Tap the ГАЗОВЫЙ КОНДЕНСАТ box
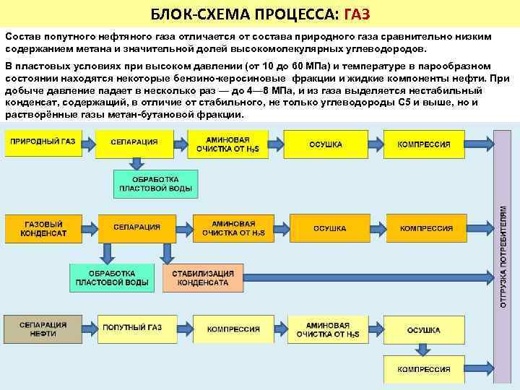(x=43, y=228)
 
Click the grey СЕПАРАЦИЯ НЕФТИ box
(x=43, y=328)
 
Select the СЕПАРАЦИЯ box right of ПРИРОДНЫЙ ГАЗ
(x=134, y=143)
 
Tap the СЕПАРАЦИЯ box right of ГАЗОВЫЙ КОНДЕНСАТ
(x=136, y=228)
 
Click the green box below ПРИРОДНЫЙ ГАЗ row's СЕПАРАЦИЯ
(x=155, y=183)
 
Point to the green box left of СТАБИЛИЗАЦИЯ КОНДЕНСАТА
(x=111, y=277)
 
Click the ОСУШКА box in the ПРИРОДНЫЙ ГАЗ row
(x=325, y=144)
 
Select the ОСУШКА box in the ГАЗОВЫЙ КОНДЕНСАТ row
(x=329, y=228)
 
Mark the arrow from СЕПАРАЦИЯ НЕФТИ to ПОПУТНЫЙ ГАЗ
(x=89, y=328)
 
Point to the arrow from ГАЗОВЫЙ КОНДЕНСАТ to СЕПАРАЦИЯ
(x=88, y=228)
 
